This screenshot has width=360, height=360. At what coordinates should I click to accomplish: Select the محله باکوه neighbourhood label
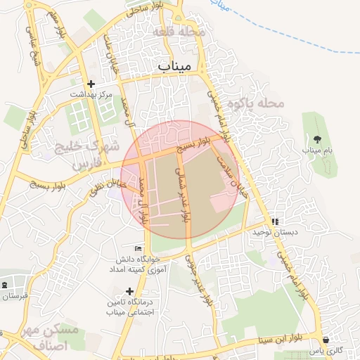click(x=261, y=103)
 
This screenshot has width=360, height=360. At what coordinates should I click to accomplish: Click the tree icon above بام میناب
click(x=317, y=139)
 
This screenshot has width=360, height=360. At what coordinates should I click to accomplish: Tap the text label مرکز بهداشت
click(x=91, y=94)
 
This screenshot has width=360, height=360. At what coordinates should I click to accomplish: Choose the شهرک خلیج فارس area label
click(x=82, y=155)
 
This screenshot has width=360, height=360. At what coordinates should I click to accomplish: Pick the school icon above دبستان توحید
click(x=275, y=221)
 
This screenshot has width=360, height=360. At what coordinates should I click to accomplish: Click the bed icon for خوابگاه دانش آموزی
click(x=139, y=248)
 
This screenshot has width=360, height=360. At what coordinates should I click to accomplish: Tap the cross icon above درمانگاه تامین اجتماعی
click(x=129, y=290)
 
